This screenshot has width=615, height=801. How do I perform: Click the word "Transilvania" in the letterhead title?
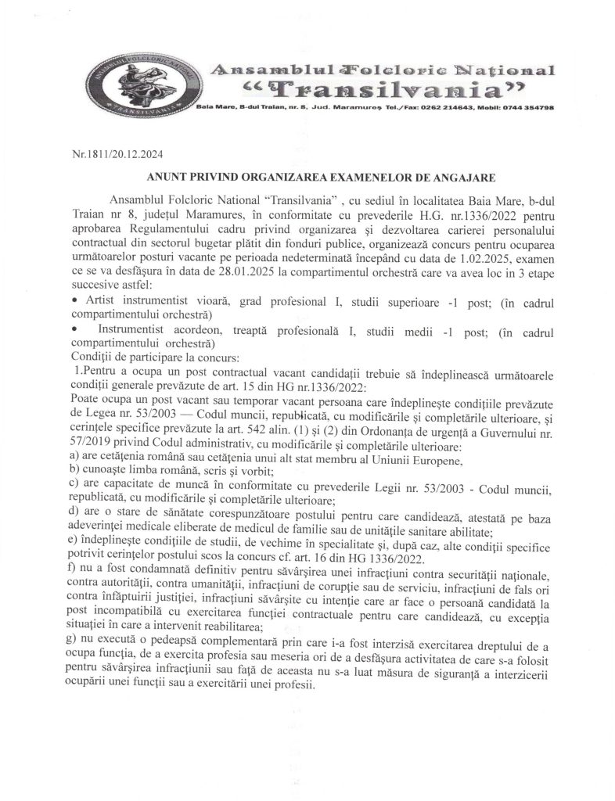tap(365, 88)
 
